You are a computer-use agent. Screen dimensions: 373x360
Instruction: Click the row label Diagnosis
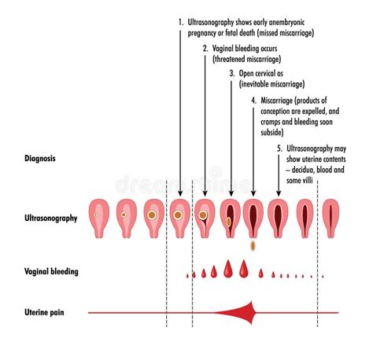click(x=40, y=159)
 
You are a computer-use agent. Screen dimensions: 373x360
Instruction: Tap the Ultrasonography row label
click(x=51, y=219)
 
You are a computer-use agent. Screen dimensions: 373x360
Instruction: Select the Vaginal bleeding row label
click(x=51, y=271)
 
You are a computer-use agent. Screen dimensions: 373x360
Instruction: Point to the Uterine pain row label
click(x=44, y=312)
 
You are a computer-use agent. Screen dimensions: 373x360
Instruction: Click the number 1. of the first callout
click(x=181, y=23)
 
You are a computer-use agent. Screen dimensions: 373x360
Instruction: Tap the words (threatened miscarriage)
click(x=246, y=59)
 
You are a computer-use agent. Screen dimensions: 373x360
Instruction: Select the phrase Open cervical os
click(x=261, y=73)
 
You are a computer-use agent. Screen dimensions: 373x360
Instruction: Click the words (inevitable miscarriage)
click(x=271, y=84)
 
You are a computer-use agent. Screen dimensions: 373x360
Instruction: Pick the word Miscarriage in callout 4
click(x=276, y=101)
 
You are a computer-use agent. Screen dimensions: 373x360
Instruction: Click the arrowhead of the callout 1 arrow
click(x=180, y=193)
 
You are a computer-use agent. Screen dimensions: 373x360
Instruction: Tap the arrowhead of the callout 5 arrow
click(x=279, y=193)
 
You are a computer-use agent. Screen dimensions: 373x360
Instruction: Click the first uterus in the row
click(x=99, y=219)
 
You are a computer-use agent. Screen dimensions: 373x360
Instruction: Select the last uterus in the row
click(x=331, y=219)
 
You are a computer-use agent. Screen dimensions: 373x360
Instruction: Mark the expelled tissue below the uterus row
click(x=253, y=245)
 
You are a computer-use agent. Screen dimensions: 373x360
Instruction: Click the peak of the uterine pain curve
click(x=252, y=301)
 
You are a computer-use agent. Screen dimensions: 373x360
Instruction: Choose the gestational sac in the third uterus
click(x=152, y=215)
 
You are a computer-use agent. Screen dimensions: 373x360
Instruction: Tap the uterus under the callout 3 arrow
click(x=231, y=219)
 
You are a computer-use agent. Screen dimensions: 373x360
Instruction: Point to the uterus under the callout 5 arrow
click(x=278, y=219)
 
